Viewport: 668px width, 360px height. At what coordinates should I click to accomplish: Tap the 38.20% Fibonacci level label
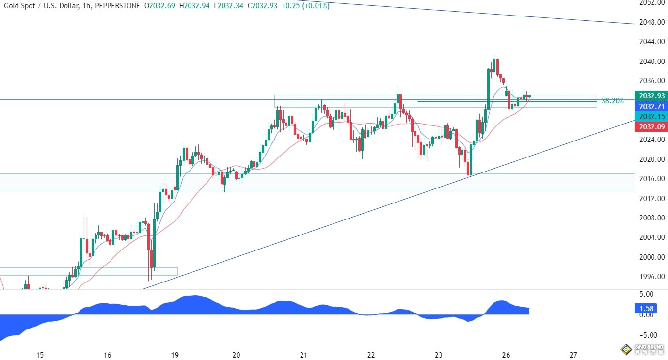pyautogui.click(x=613, y=101)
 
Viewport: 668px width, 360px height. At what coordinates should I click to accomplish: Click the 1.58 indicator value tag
pyautogui.click(x=647, y=308)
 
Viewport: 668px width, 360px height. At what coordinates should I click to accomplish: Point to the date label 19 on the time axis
pyautogui.click(x=175, y=355)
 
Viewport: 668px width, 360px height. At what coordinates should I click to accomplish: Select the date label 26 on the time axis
pyautogui.click(x=506, y=355)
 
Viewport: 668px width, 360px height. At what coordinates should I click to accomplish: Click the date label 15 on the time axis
pyautogui.click(x=40, y=355)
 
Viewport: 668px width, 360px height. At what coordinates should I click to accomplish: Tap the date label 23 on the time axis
pyautogui.click(x=439, y=355)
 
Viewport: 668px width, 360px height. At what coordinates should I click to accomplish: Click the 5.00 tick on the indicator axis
pyautogui.click(x=646, y=294)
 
